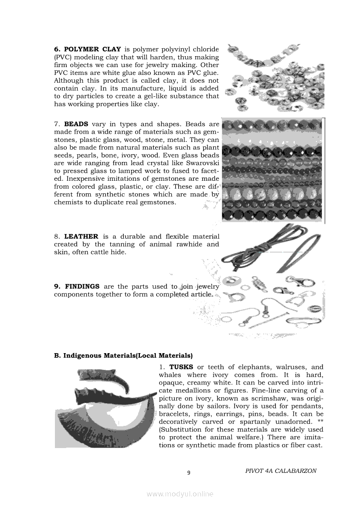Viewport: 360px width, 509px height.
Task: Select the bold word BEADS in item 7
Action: click(76, 124)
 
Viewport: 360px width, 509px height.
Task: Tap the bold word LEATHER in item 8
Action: click(81, 236)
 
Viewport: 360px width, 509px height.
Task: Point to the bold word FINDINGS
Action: click(82, 286)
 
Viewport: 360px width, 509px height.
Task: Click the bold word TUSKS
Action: click(181, 367)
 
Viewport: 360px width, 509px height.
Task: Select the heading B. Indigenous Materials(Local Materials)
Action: click(123, 356)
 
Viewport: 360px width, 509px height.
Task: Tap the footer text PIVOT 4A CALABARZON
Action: click(281, 471)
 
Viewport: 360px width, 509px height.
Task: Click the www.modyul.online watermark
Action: click(180, 494)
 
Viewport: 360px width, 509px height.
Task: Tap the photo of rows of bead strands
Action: click(273, 169)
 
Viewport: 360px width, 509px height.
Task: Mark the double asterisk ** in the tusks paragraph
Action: click(319, 422)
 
